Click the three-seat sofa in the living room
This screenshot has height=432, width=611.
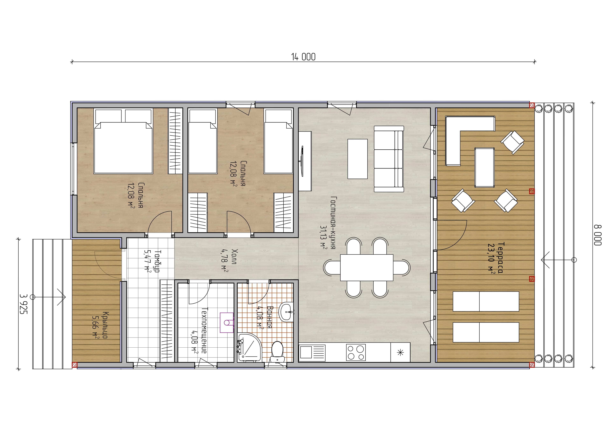[x=389, y=159]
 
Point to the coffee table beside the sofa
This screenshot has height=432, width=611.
[x=357, y=159]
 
